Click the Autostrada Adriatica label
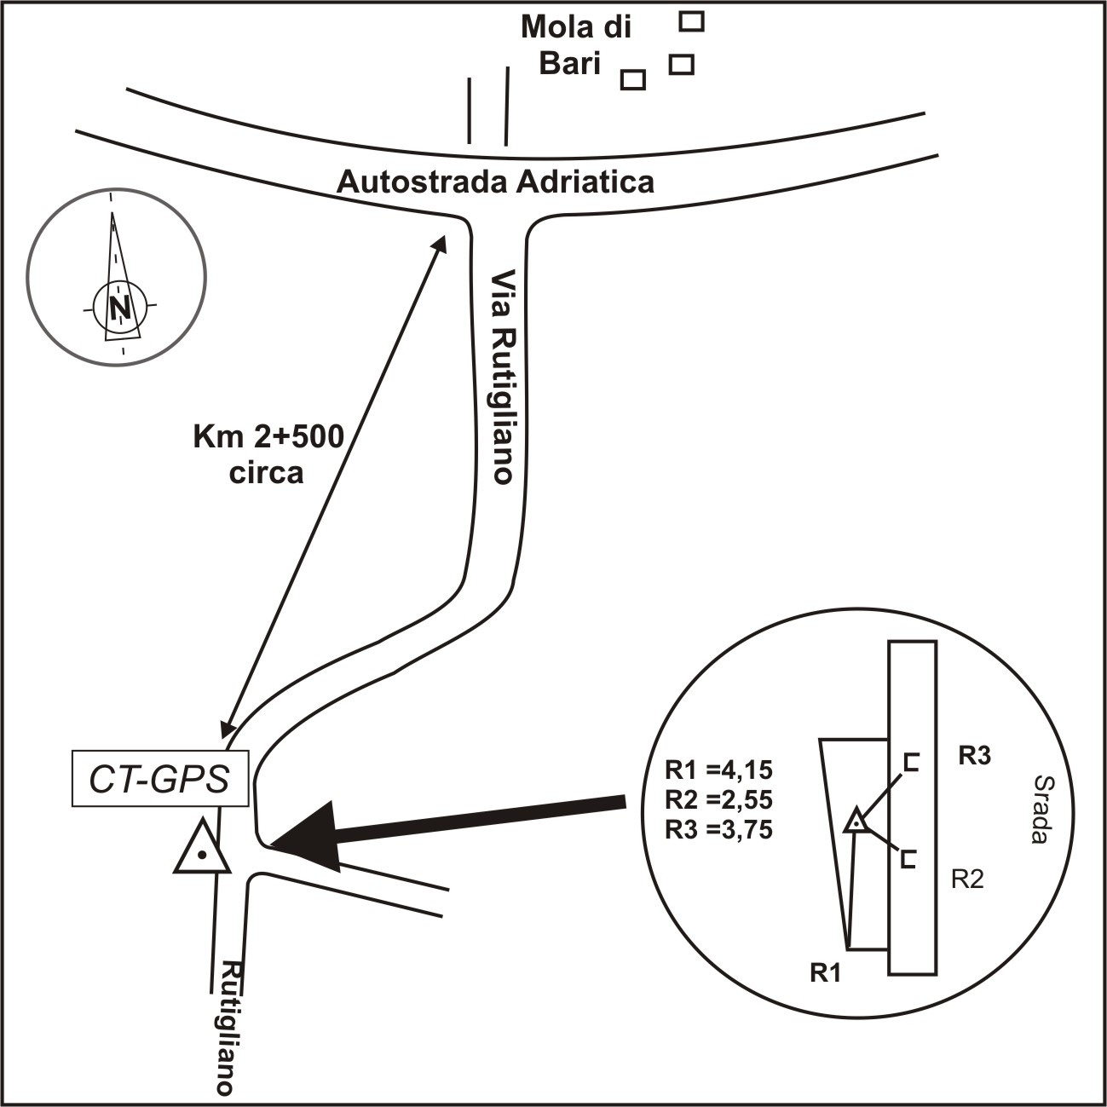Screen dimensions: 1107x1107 [x=495, y=182]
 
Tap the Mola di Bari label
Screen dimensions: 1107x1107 [x=575, y=45]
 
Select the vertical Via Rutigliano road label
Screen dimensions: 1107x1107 [x=504, y=377]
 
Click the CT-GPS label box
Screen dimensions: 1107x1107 [x=160, y=779]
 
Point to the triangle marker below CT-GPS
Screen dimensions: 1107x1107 [x=202, y=849]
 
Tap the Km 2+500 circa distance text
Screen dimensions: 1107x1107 [x=268, y=454]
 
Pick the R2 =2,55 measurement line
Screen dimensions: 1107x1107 [x=718, y=800]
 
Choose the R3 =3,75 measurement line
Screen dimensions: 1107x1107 [x=718, y=829]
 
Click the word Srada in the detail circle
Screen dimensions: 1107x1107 [x=1039, y=809]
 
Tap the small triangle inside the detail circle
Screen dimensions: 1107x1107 [x=856, y=822]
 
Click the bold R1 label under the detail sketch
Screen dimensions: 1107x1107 [x=825, y=973]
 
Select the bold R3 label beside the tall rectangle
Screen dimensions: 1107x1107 [x=975, y=756]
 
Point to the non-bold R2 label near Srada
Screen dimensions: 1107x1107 [x=967, y=879]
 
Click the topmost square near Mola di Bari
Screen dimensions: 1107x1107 [x=691, y=21]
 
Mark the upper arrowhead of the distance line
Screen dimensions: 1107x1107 [x=440, y=243]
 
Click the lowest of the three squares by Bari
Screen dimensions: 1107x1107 [x=632, y=79]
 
